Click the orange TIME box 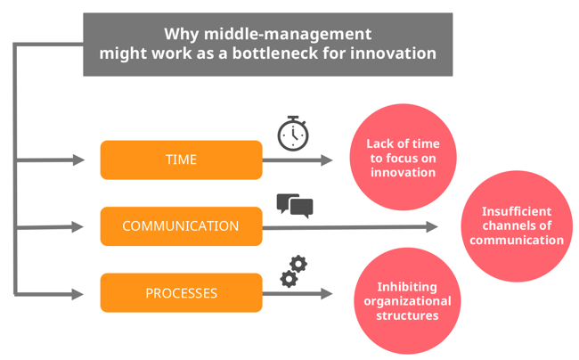(x=181, y=160)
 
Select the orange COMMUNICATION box (x=181, y=226)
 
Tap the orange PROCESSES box (x=181, y=292)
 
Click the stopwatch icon (x=293, y=134)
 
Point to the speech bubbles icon (x=295, y=205)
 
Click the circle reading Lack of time (x=402, y=158)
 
